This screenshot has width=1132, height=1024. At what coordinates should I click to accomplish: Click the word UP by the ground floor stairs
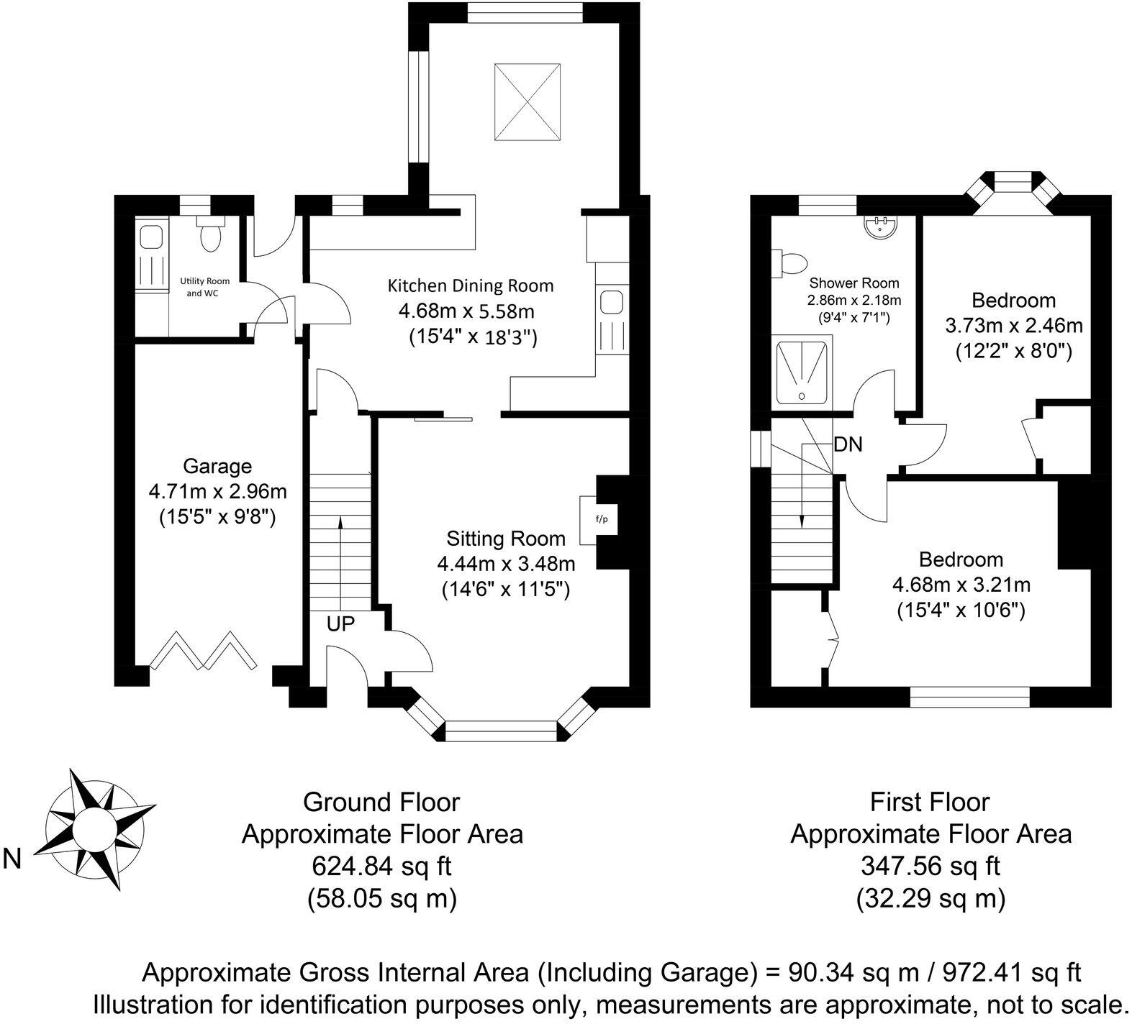click(340, 624)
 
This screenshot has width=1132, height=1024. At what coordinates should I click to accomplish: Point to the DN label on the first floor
click(848, 444)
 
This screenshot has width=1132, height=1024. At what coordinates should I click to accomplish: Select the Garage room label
click(217, 466)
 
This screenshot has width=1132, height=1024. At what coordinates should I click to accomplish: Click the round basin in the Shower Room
click(879, 227)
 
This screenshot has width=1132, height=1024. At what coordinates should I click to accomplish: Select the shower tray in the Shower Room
click(801, 372)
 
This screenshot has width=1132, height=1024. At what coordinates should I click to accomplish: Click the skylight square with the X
click(527, 104)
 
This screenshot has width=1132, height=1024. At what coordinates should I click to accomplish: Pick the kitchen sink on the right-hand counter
click(612, 301)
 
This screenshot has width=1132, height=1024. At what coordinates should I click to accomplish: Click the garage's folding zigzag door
click(204, 651)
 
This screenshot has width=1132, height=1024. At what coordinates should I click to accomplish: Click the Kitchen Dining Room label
click(471, 285)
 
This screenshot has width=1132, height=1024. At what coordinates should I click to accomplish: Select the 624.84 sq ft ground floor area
click(381, 866)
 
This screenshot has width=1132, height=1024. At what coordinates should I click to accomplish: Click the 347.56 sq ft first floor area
click(930, 866)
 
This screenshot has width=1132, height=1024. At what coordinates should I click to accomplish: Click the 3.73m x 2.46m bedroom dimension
click(1013, 326)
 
